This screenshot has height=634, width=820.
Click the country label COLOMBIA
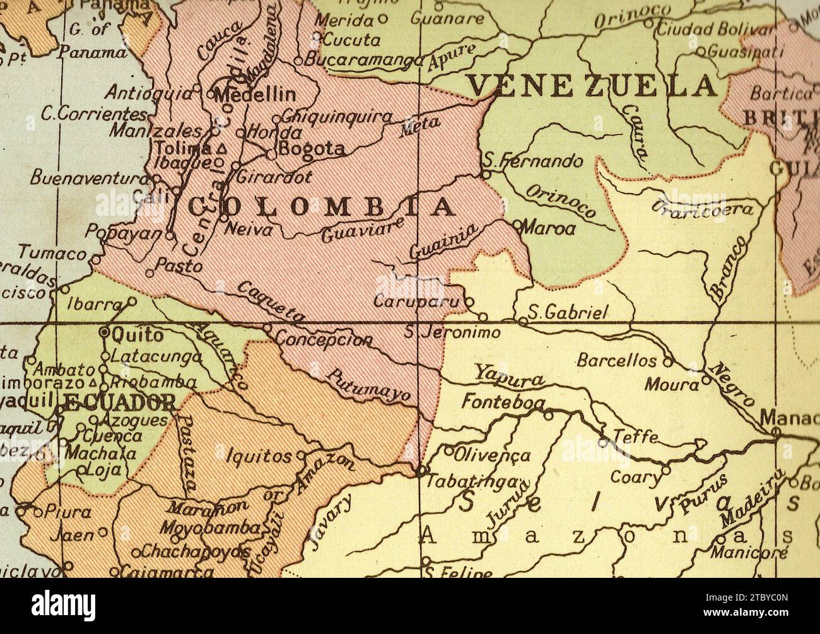322,207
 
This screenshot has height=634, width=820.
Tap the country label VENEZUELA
591,86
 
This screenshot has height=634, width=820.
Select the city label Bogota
312,150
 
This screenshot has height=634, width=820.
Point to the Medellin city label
255,95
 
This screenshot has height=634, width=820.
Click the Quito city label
137,336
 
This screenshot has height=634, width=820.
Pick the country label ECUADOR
120,402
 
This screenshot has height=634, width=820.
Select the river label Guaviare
362,230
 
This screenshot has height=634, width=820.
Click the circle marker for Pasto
149,273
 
